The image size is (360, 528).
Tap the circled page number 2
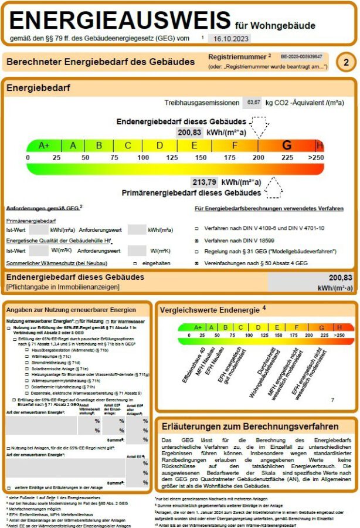tap(347, 62)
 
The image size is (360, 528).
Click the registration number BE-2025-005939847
tap(301, 57)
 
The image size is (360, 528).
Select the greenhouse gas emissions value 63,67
tap(254, 102)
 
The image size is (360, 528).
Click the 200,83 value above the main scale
tap(189, 133)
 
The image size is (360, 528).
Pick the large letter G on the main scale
tap(287, 145)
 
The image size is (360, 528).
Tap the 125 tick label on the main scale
tap(172, 158)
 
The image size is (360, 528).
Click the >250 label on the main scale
tap(316, 158)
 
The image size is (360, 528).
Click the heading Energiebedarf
tap(38, 87)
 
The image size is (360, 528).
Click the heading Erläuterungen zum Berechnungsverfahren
tap(245, 425)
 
